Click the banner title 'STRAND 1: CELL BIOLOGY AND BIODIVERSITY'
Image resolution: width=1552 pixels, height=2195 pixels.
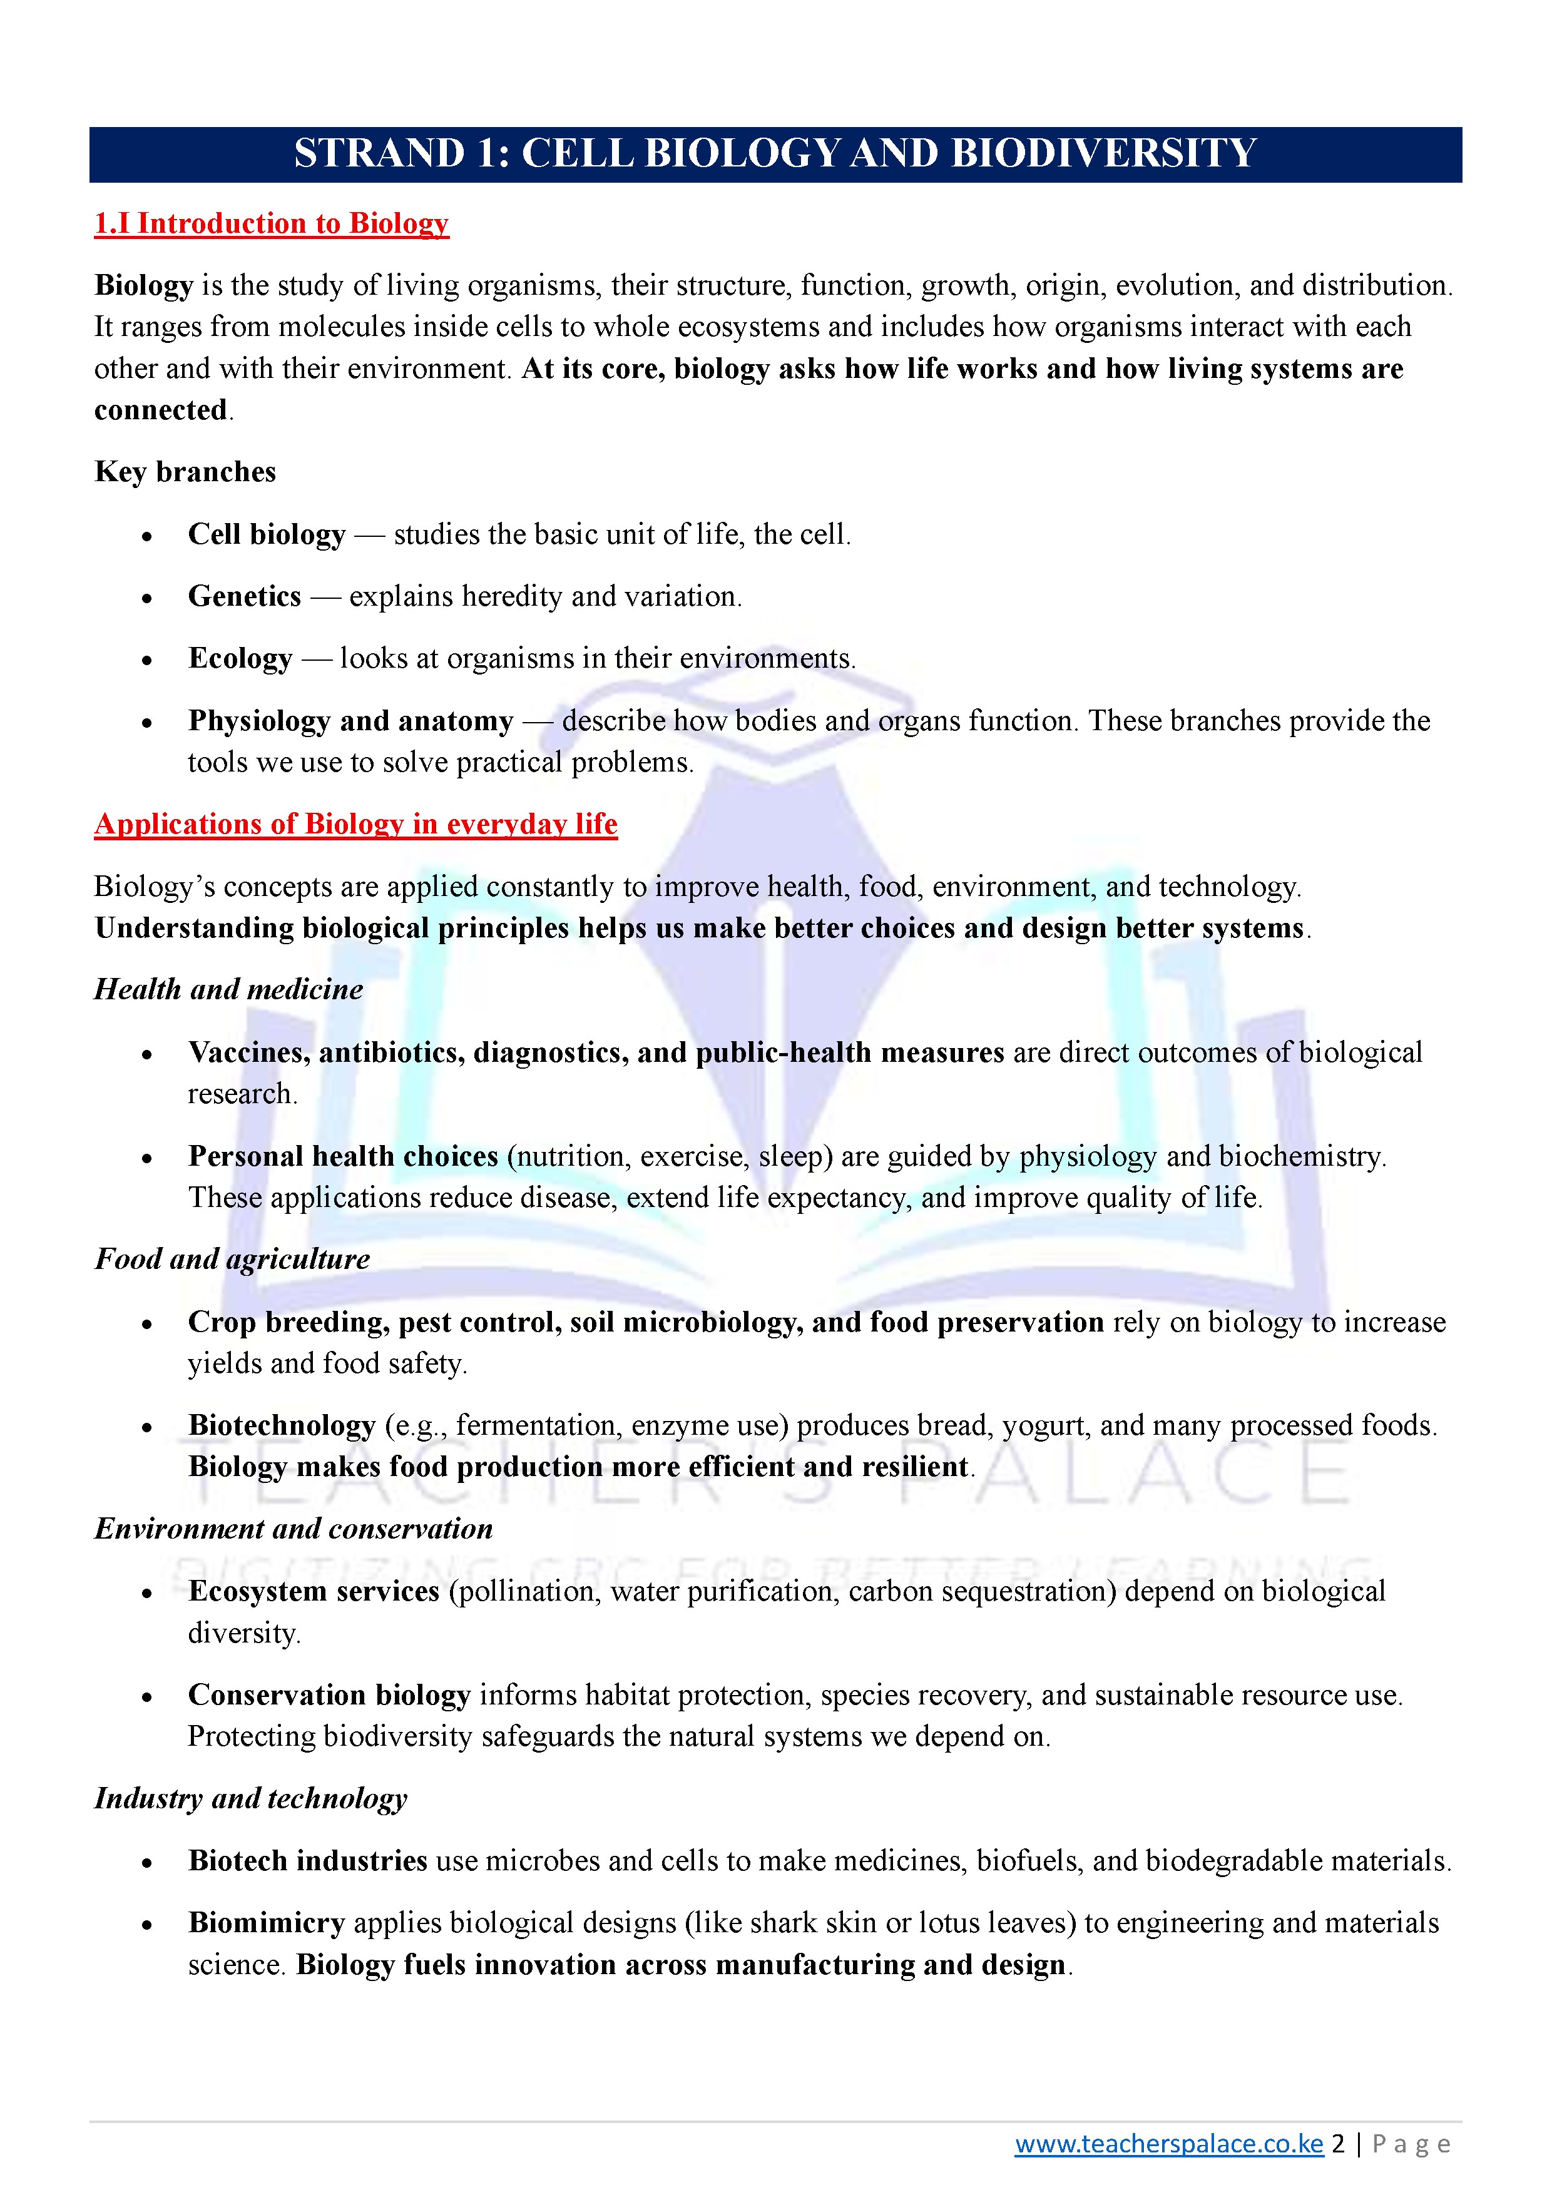(775, 154)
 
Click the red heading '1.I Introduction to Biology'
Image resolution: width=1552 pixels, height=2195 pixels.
(272, 224)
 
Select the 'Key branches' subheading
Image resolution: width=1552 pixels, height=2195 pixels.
(185, 472)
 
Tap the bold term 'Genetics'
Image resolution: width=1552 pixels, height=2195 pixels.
(245, 596)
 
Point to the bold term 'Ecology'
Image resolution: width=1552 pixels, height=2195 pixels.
(240, 659)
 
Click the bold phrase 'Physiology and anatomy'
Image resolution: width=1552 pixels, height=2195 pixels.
(351, 721)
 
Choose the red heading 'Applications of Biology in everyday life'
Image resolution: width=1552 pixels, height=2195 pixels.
(355, 824)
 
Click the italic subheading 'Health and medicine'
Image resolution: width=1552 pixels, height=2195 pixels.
(228, 989)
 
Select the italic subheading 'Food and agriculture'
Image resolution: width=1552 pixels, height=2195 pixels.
(232, 1259)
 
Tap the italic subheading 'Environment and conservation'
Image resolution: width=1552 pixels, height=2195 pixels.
(294, 1529)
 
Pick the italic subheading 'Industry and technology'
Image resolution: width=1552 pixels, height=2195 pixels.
(250, 1798)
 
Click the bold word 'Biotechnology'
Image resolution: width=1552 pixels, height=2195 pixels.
(282, 1425)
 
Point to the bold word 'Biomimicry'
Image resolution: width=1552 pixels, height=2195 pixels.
(267, 1923)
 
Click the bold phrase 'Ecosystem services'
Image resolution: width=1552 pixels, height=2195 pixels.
(314, 1592)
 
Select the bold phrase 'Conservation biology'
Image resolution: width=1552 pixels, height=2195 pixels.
(330, 1695)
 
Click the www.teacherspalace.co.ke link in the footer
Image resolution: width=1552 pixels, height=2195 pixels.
(1168, 2144)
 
